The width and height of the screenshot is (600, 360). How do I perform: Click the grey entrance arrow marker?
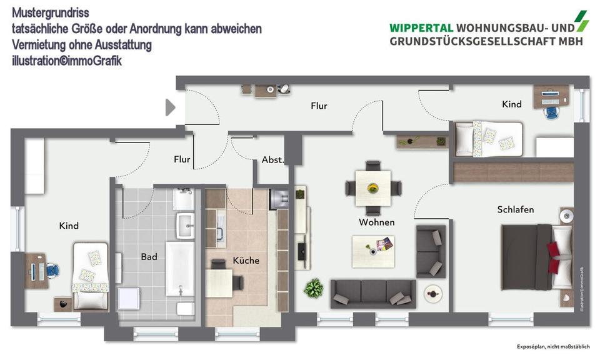170,107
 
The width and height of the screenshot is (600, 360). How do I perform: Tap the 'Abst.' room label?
272,160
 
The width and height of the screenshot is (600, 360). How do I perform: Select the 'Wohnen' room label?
376,222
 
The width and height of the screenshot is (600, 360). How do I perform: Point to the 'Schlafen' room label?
516,209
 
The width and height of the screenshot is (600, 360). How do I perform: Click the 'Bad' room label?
149,256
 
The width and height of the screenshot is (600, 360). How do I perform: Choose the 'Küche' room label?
246,260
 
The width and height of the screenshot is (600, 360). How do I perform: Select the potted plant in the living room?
312,288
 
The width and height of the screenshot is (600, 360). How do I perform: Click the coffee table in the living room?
373,251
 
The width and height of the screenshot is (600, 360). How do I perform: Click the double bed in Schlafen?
536,257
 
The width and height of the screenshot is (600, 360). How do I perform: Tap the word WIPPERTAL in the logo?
421,27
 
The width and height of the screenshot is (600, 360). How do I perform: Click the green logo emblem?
582,21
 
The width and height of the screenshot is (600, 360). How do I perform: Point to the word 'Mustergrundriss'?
50,12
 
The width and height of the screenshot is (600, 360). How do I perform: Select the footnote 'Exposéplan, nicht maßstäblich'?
553,347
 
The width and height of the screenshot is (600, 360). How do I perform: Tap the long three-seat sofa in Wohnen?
373,293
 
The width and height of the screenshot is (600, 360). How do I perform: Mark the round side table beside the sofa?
432,292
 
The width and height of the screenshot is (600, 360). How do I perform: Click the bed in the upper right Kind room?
488,138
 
